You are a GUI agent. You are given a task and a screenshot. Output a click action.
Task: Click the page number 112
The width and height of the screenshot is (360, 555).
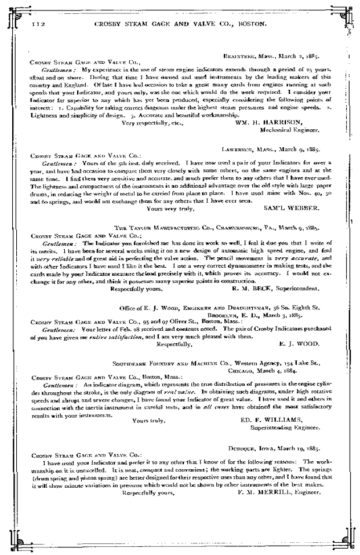point(38,24)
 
